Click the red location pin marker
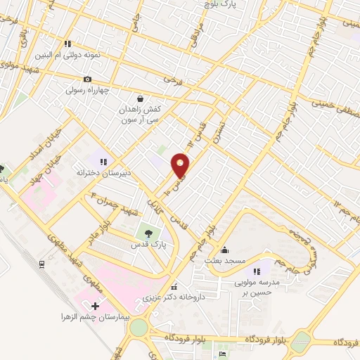[x=181, y=165]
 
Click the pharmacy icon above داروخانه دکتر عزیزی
[x=174, y=286]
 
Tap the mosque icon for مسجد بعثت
[x=224, y=250]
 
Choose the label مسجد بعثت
[x=224, y=261]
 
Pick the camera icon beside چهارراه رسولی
[x=87, y=79]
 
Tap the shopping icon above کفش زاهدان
[x=140, y=98]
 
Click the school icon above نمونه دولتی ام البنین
[x=67, y=43]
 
